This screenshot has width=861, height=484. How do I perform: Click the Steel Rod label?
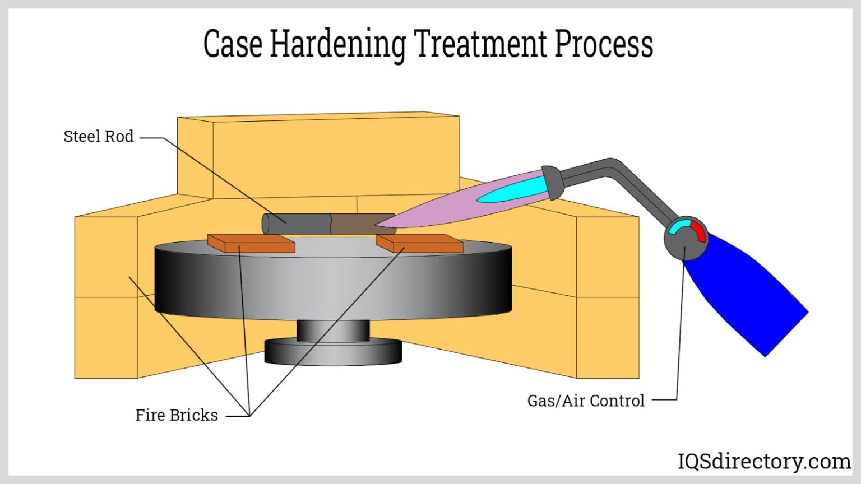(98, 137)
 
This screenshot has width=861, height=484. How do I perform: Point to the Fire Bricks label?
(177, 415)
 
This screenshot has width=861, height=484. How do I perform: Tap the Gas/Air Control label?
(586, 401)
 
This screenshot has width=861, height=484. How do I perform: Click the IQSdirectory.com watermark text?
(763, 462)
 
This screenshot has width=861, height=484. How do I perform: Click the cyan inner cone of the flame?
(510, 190)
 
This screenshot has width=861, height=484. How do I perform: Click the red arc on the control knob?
(698, 230)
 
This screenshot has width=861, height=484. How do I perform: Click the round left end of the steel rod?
(267, 224)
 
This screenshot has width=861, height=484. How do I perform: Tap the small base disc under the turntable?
(333, 352)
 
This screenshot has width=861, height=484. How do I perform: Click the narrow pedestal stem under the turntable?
(333, 331)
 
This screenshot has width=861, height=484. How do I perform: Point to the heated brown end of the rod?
(356, 224)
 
